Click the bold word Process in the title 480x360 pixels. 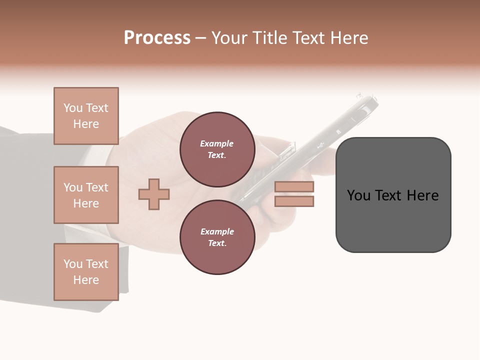pos(157,38)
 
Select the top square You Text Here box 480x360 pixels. pos(86,116)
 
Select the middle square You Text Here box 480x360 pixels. pos(86,195)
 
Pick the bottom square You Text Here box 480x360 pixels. pos(86,271)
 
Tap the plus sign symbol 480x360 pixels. pos(154,194)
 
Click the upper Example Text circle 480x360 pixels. pos(217,149)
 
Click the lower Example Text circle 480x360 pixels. pos(217,237)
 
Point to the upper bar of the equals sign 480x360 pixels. pos(294,187)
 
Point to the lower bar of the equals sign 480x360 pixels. pos(294,201)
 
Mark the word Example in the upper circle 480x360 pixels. pos(217,143)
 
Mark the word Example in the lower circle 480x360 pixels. pos(217,231)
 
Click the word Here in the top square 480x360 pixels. pos(86,124)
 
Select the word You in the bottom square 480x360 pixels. pos(73,264)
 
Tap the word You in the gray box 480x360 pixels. pos(359,195)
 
